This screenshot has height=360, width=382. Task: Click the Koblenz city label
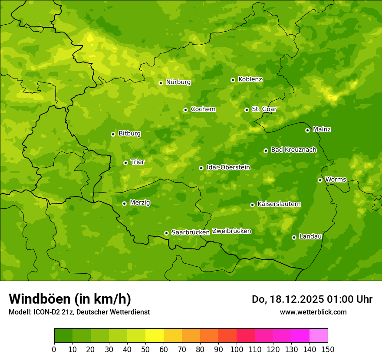pos(250,79)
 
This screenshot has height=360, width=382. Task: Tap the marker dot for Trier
pos(125,163)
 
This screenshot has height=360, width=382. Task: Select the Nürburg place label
pos(178,82)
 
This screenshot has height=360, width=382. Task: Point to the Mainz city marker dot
pos(307,130)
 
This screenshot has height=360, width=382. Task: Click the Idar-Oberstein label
pos(228,167)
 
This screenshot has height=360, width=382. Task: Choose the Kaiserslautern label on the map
pos(279,204)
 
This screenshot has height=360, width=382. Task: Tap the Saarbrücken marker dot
pos(166,233)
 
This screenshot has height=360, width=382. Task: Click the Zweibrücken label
pos(231,231)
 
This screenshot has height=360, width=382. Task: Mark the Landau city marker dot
pos(294,237)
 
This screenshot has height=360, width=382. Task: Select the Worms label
pos(336,179)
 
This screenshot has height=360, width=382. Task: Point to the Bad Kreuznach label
pos(293,150)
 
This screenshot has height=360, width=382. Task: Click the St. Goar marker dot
pos(247,110)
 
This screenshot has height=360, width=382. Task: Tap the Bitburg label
pos(129,134)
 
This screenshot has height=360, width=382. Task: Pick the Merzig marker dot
pos(124,203)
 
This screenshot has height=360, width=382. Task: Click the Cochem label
pos(203,109)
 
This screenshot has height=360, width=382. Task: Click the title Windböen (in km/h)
pos(69,299)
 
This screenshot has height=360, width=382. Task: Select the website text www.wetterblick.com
pos(313,312)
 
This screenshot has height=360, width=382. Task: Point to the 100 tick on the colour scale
pos(237,349)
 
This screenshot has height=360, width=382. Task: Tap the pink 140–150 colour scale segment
pos(319,336)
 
